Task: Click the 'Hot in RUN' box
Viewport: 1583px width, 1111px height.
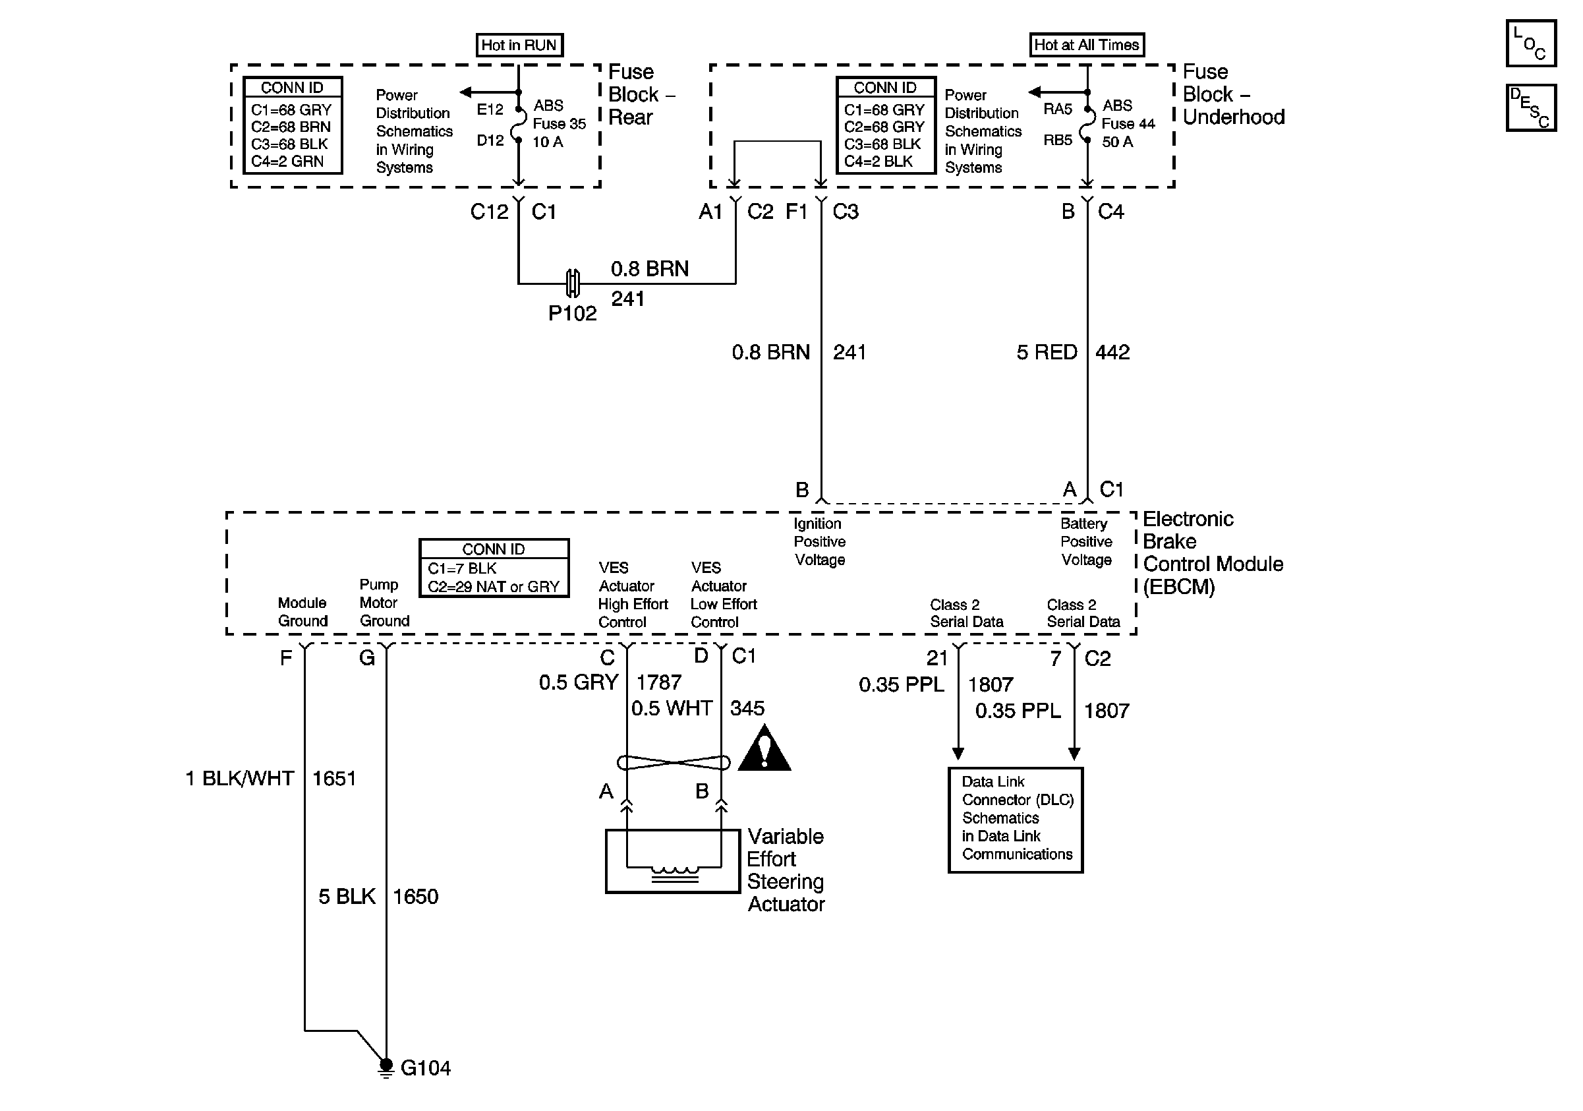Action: point(519,45)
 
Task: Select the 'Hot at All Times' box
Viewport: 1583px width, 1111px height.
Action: point(1087,45)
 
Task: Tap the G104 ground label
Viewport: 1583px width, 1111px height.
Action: point(425,1068)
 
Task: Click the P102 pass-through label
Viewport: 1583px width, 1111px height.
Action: point(572,314)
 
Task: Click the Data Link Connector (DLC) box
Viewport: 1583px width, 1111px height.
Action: point(1016,820)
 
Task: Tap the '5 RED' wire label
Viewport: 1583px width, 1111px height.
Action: point(1047,352)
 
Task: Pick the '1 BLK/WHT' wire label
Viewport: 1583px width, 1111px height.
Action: point(240,779)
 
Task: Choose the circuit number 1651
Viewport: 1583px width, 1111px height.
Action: point(333,779)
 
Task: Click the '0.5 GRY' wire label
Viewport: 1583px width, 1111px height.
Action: point(579,682)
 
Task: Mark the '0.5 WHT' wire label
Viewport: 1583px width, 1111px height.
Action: point(672,709)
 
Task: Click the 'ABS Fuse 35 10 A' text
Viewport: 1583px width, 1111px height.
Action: point(559,124)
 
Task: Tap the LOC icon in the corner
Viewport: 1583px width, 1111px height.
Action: point(1530,44)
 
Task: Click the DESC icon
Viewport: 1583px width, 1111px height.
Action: point(1530,107)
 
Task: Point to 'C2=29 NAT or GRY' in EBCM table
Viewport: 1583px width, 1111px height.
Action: point(494,587)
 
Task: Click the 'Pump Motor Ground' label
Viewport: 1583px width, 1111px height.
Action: point(384,603)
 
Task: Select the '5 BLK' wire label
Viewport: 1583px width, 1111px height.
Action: point(347,897)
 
